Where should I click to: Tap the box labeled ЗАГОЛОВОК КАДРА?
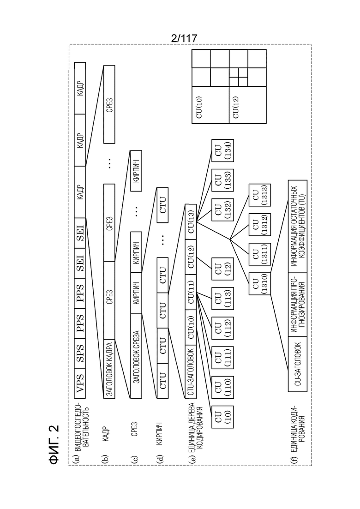click(109, 369)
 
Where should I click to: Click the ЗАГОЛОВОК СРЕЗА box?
click(136, 356)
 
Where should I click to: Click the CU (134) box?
click(222, 150)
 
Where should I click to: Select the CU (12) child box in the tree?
click(222, 269)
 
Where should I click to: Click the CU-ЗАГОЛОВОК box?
click(298, 364)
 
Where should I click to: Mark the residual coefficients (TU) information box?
click(298, 226)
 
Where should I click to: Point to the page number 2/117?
click(184, 38)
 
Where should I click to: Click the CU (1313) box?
click(260, 195)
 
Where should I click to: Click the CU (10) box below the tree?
click(222, 417)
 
